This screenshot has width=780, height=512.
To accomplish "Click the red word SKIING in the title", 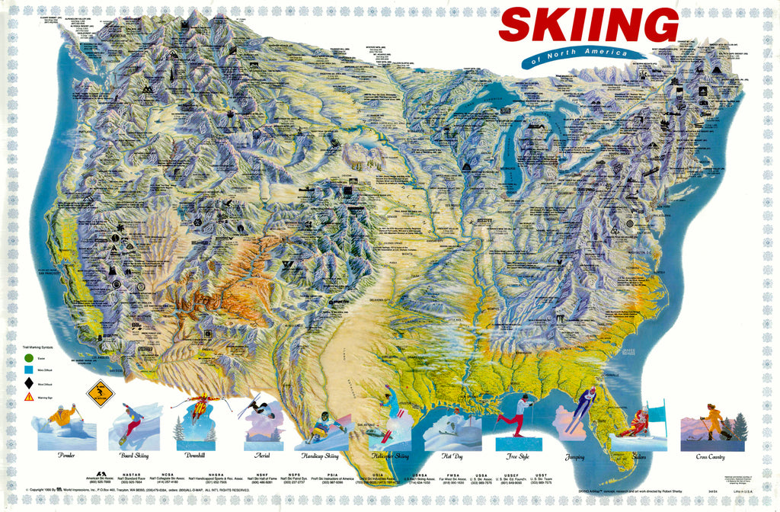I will [x=588, y=25].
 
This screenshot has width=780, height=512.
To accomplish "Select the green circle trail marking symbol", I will [x=28, y=357].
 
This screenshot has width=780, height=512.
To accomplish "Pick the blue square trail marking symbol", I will [x=28, y=370].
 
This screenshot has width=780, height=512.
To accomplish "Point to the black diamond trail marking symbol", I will [x=28, y=382].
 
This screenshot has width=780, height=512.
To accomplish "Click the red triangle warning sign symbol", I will [x=28, y=396].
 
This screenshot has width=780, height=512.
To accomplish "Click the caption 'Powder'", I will [x=66, y=455].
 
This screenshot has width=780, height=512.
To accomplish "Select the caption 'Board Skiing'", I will [x=136, y=455].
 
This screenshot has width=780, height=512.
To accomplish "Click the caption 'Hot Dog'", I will [x=452, y=455].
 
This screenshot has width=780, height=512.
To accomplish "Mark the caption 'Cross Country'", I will [x=711, y=456].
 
